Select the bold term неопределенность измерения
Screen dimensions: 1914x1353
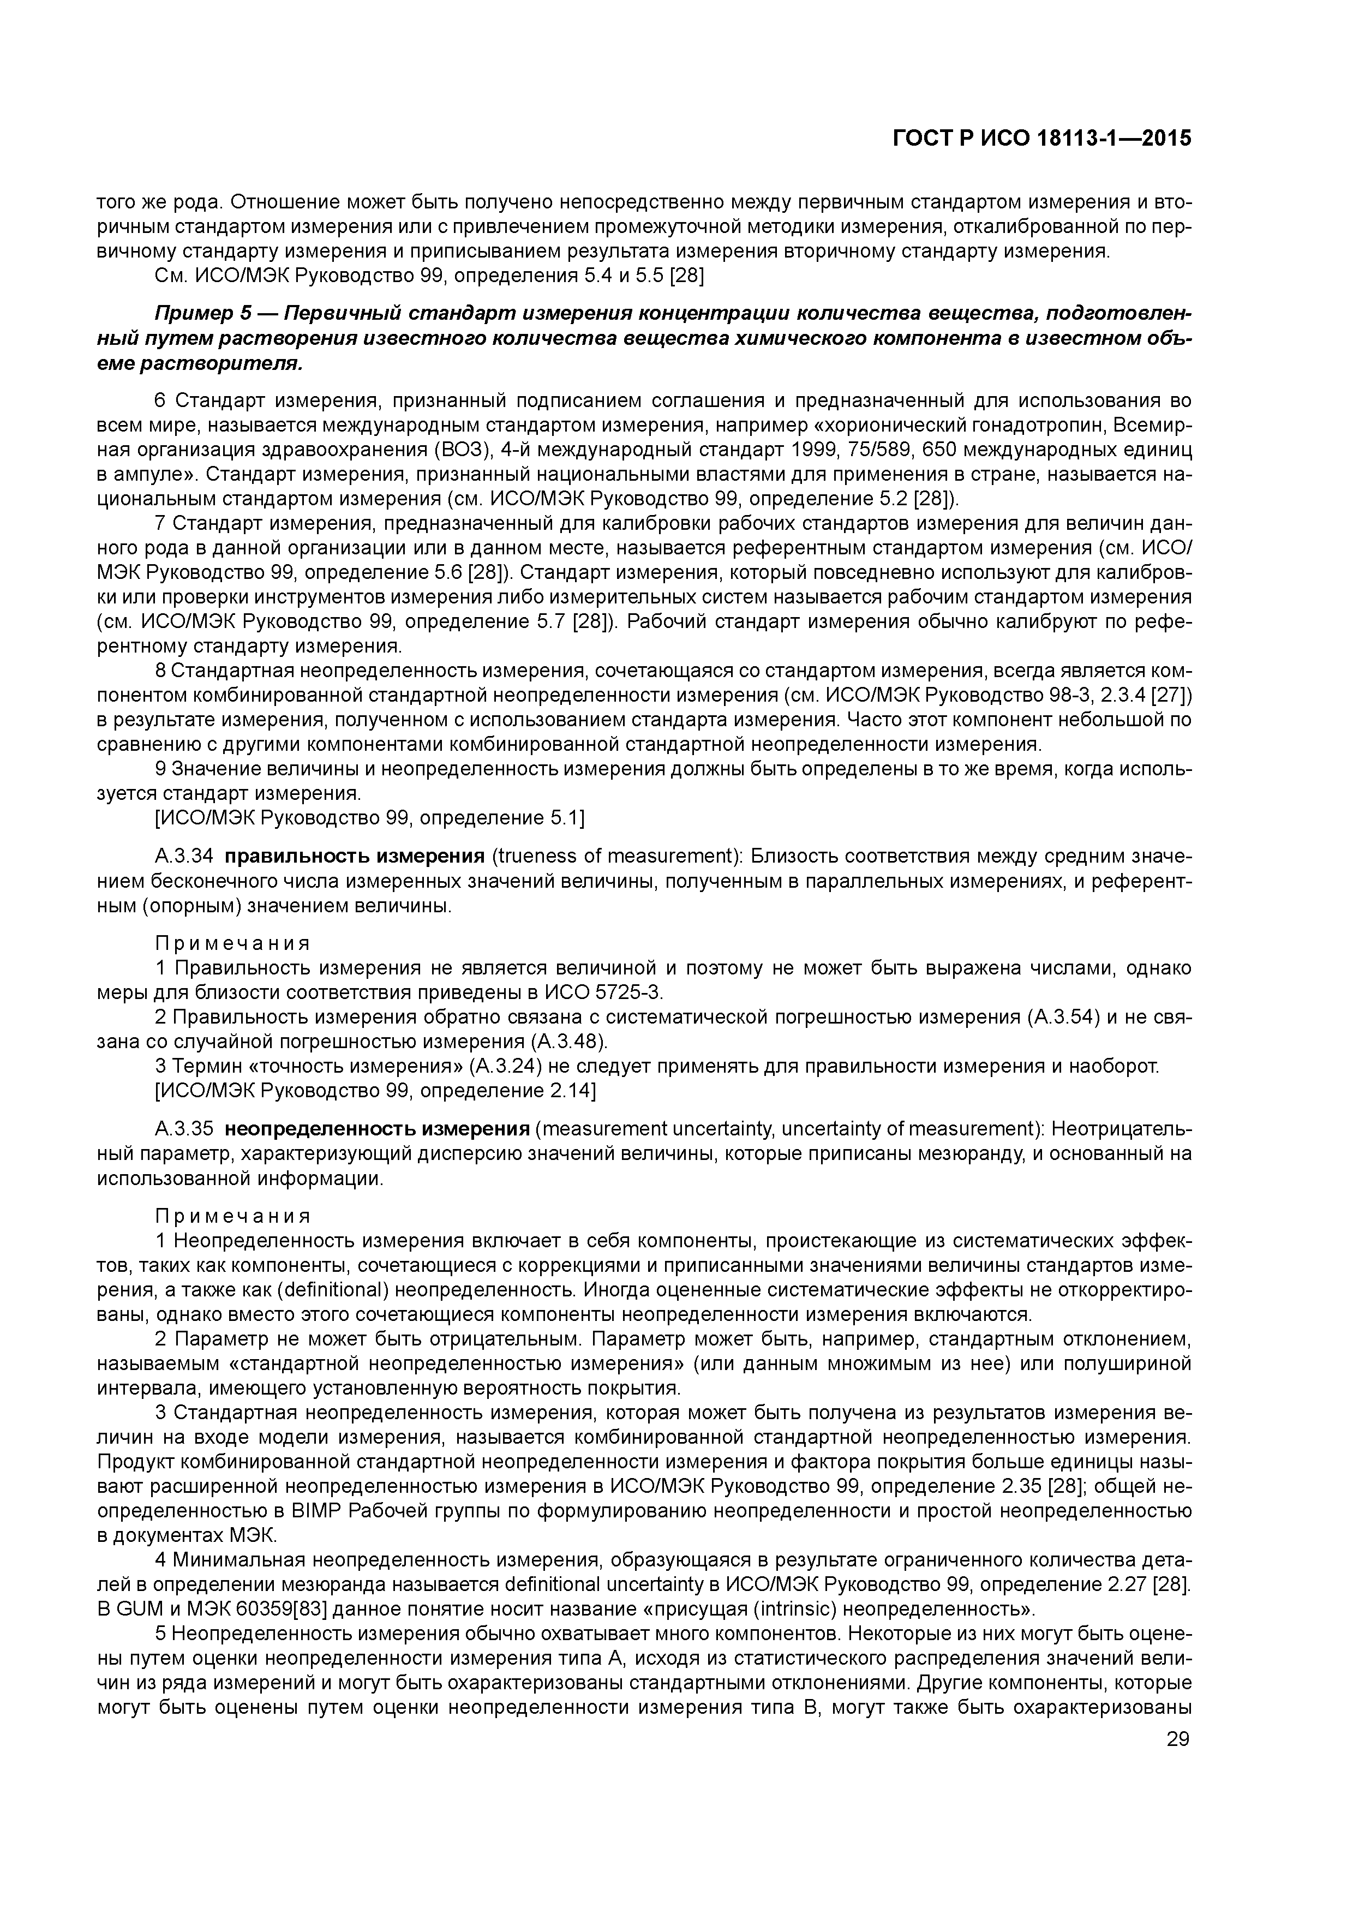coord(378,1129)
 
